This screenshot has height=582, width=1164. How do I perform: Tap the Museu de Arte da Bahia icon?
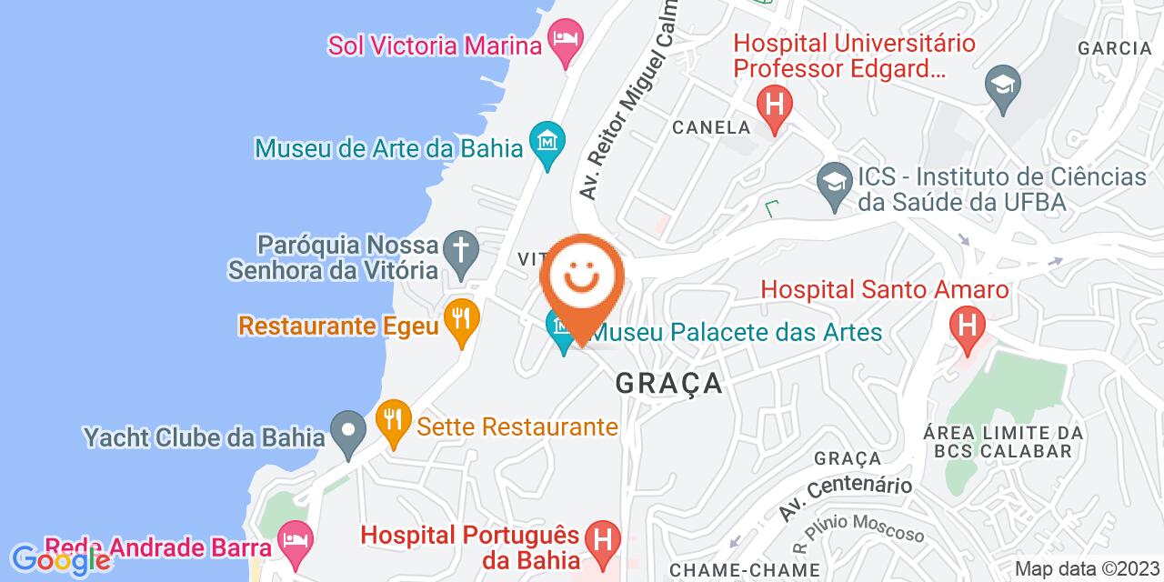(547, 144)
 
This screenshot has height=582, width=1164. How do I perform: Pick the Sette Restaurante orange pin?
(393, 423)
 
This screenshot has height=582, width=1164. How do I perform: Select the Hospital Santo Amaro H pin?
(965, 326)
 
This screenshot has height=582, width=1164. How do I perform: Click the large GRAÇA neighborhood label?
(669, 383)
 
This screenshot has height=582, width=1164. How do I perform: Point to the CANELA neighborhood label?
(711, 127)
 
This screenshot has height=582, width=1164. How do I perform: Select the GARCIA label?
(1113, 48)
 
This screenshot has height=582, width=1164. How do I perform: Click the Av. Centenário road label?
(845, 499)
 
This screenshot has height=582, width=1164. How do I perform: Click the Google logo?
(60, 560)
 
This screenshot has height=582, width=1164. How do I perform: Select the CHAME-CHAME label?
(744, 570)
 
